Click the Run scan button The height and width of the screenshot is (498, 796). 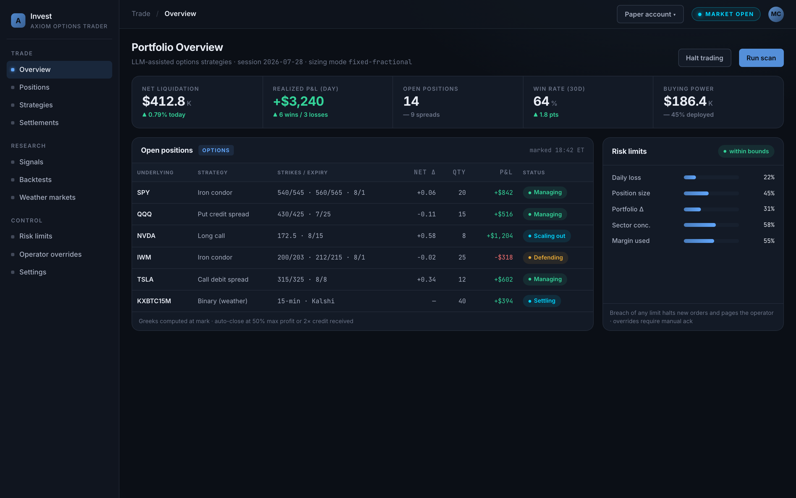click(761, 58)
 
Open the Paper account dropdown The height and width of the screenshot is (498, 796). click(650, 14)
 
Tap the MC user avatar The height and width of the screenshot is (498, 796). click(776, 14)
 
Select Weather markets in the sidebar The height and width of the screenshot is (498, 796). click(47, 197)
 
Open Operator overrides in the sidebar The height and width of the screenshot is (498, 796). click(50, 254)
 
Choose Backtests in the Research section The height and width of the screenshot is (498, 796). click(36, 180)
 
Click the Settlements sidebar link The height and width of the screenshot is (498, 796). click(39, 123)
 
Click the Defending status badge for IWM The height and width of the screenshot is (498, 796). click(545, 258)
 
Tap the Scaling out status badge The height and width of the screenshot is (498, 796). click(547, 236)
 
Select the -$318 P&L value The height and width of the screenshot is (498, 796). click(504, 258)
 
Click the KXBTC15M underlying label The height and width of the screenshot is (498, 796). click(154, 301)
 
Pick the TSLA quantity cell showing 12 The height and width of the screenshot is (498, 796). click(462, 280)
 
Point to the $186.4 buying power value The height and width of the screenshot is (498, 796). click(685, 101)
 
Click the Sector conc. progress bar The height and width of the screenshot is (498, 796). click(711, 225)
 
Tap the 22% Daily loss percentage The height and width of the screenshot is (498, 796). click(769, 177)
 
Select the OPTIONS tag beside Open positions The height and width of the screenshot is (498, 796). click(216, 150)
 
